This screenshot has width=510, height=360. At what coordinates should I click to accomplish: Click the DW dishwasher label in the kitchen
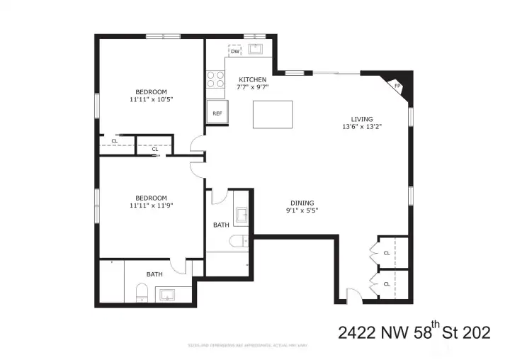tap(234, 52)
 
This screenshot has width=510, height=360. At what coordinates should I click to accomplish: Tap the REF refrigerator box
tap(216, 113)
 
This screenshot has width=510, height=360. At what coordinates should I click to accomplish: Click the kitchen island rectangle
tap(272, 115)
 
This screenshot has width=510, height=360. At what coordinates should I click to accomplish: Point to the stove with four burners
tap(215, 79)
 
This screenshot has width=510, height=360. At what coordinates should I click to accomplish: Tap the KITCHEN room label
tap(252, 79)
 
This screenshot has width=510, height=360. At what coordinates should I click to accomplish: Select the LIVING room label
tap(361, 119)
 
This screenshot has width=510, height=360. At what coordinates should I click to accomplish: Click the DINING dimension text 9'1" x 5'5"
tap(302, 210)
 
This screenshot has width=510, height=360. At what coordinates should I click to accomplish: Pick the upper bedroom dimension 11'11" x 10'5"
tap(152, 100)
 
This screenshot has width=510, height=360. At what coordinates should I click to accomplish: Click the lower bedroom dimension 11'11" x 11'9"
tap(152, 206)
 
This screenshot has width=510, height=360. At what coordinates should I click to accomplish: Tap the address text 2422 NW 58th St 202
tap(414, 332)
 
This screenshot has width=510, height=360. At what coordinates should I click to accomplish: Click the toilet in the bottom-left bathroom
tap(141, 292)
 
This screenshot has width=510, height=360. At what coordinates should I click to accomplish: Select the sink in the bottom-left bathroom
tap(168, 294)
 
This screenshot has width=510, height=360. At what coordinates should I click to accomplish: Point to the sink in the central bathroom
tap(240, 215)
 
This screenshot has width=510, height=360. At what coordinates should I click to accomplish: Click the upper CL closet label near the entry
tap(387, 252)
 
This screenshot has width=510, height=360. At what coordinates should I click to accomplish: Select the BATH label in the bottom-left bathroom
tap(154, 274)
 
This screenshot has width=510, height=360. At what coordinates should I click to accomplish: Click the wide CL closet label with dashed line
tap(115, 141)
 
